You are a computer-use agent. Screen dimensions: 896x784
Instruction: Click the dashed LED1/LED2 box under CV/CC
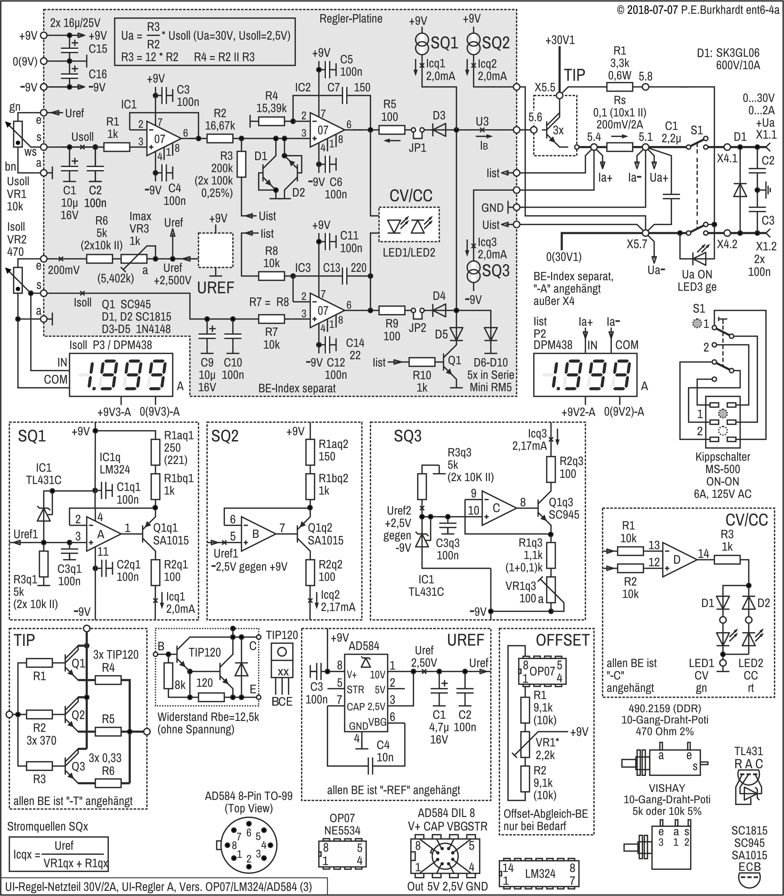(x=409, y=224)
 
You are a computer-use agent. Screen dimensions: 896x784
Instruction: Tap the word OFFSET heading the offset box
(x=563, y=640)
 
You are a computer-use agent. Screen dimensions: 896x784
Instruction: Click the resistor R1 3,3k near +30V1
(x=619, y=87)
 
